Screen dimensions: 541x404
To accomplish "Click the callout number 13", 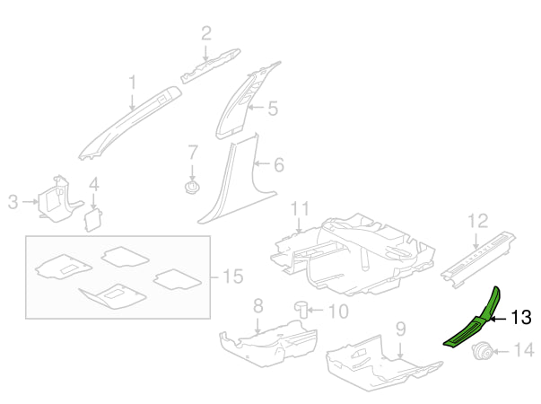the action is coord(520,317).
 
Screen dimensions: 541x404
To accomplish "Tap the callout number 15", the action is coord(233,277).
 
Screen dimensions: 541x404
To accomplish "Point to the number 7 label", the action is coord(193,153).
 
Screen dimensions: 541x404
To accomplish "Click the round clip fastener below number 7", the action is coord(192,187).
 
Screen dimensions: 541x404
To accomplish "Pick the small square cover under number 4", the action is coord(93,220).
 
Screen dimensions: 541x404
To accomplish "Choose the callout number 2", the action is coord(206,33).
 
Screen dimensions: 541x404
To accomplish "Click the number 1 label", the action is coord(133,83).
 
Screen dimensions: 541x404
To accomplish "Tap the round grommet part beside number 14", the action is coord(483,352).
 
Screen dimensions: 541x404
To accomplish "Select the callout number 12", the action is coord(478,221).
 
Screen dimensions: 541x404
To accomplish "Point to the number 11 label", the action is coord(301,209).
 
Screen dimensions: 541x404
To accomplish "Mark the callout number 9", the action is coord(400,329).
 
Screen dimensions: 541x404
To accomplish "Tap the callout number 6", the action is coord(279,164).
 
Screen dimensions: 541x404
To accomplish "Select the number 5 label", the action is coord(273,109).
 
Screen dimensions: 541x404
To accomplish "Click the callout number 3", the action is coord(13,202).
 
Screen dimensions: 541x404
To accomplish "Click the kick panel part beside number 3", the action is coord(58,200).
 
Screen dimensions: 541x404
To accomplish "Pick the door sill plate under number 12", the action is coord(478,259).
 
